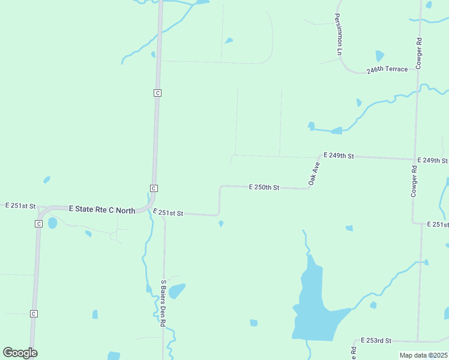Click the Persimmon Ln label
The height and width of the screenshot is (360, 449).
coord(339,35)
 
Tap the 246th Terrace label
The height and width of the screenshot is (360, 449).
coord(387,70)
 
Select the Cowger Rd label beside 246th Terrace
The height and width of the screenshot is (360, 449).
coord(419,54)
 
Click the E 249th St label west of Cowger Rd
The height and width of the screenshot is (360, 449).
coord(339,155)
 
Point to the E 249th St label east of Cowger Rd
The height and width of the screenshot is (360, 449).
coord(435,161)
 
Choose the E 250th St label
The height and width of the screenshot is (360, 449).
coord(264,188)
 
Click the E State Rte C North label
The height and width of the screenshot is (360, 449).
coord(102,209)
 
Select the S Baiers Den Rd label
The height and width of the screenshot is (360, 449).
coord(163,303)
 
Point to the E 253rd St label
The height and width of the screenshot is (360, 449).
coord(376,341)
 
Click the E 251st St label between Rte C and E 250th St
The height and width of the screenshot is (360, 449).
coord(167,213)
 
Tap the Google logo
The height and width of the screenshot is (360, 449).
coord(20,353)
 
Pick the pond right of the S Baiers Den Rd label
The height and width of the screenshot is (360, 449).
coord(176,292)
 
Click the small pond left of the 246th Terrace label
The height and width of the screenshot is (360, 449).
coord(379,56)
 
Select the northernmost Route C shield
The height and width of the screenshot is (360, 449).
coord(157,93)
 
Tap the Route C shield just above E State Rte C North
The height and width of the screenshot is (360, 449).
coord(154,188)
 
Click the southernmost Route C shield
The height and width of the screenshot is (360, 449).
coord(34,314)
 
